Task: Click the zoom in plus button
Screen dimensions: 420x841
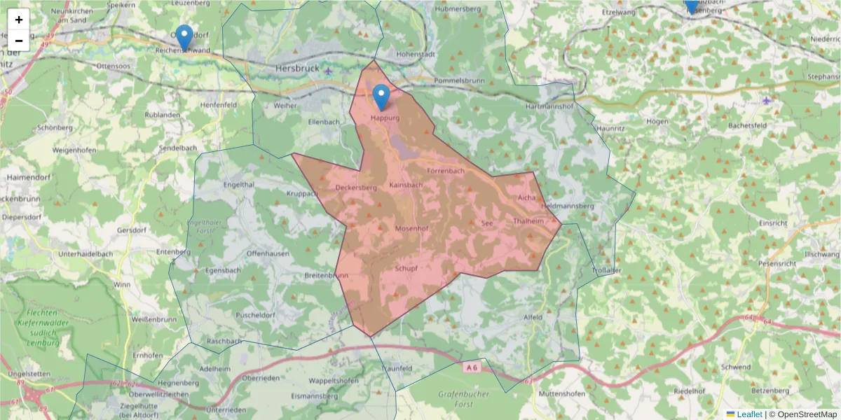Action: tap(18, 20)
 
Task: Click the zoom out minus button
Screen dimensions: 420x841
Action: tap(18, 41)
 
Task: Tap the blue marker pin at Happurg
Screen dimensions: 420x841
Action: tap(381, 97)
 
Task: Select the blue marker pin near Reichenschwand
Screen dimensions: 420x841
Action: tap(184, 37)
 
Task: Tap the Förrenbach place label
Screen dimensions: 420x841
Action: tap(446, 171)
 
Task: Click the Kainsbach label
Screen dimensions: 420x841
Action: tap(406, 185)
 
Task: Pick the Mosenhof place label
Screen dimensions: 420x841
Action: tap(411, 228)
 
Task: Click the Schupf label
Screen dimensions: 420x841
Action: tap(406, 269)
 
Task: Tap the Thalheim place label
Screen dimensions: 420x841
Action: tap(528, 221)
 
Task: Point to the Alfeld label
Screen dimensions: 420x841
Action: tap(533, 317)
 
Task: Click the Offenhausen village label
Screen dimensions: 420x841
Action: tap(268, 253)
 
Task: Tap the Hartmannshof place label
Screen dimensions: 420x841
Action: tap(549, 106)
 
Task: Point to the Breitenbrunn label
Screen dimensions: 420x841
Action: tap(327, 276)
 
